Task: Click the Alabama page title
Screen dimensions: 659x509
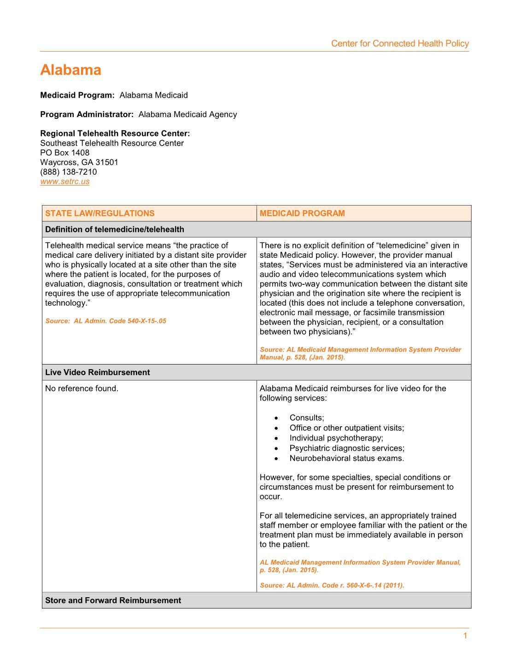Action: click(x=70, y=70)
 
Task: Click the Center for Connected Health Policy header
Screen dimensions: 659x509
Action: click(x=399, y=44)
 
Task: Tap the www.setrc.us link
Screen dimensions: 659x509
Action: click(x=65, y=182)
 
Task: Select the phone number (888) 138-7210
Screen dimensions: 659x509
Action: click(x=69, y=172)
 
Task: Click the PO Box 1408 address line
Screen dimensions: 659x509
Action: click(x=65, y=153)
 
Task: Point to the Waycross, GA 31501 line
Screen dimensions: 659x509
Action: click(x=79, y=162)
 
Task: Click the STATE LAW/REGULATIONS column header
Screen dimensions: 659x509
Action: click(x=100, y=213)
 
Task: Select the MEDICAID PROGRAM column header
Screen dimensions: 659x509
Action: click(x=302, y=213)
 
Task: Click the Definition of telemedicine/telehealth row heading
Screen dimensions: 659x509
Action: click(x=115, y=229)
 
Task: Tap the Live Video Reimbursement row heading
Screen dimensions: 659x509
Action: click(x=98, y=372)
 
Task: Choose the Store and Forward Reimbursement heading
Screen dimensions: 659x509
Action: click(x=113, y=600)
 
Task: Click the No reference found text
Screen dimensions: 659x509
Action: click(x=82, y=388)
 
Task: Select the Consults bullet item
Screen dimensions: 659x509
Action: click(x=307, y=418)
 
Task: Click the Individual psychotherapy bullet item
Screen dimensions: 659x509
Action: click(x=336, y=438)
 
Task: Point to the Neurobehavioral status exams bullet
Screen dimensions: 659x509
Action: click(x=346, y=459)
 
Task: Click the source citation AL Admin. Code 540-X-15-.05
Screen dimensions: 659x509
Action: click(x=106, y=321)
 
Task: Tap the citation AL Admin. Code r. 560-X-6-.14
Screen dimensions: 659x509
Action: click(x=332, y=586)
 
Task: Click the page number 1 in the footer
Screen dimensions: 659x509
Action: click(x=465, y=636)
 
